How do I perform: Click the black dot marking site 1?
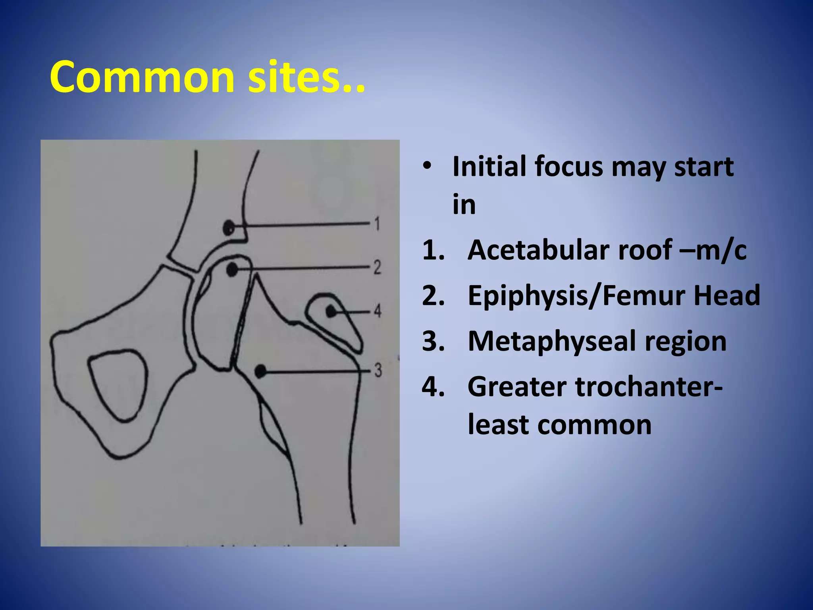(x=229, y=228)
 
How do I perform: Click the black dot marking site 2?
(x=232, y=270)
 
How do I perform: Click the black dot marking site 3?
(x=260, y=372)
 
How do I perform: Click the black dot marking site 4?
(x=331, y=311)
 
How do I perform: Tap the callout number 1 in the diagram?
(x=377, y=224)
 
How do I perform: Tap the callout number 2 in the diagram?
(x=377, y=267)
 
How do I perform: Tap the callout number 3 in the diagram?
(x=378, y=370)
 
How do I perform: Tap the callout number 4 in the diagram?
(x=378, y=311)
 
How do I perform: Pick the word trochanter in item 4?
(x=645, y=387)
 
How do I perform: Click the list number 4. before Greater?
(x=433, y=387)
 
